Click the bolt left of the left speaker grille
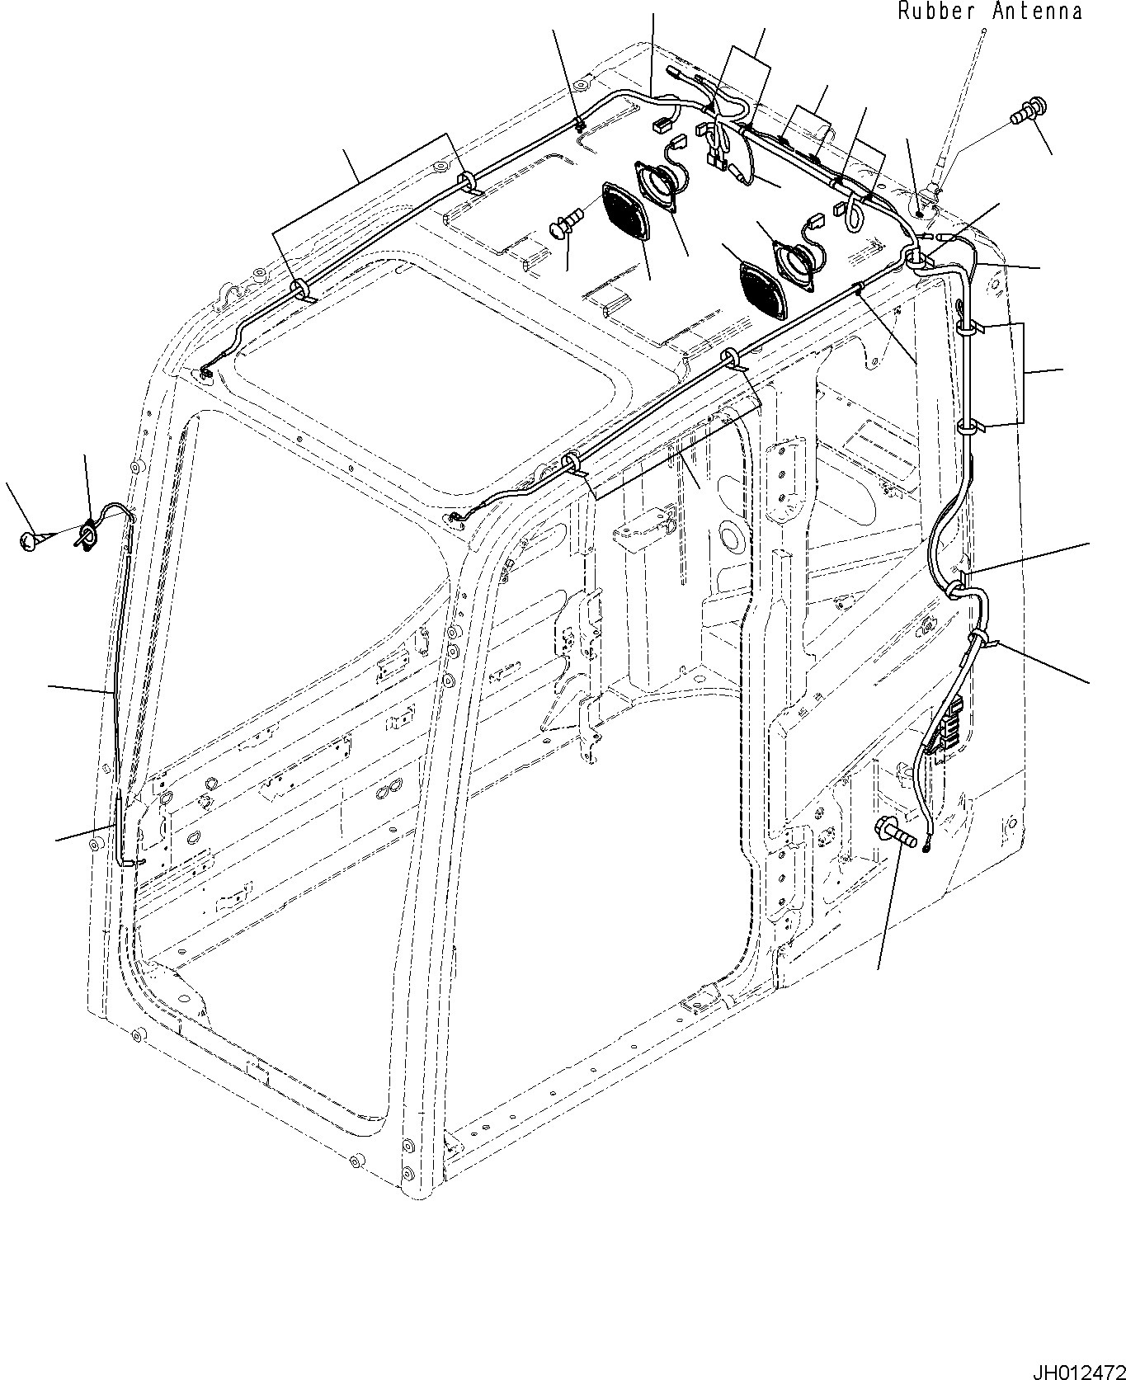click(566, 224)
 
